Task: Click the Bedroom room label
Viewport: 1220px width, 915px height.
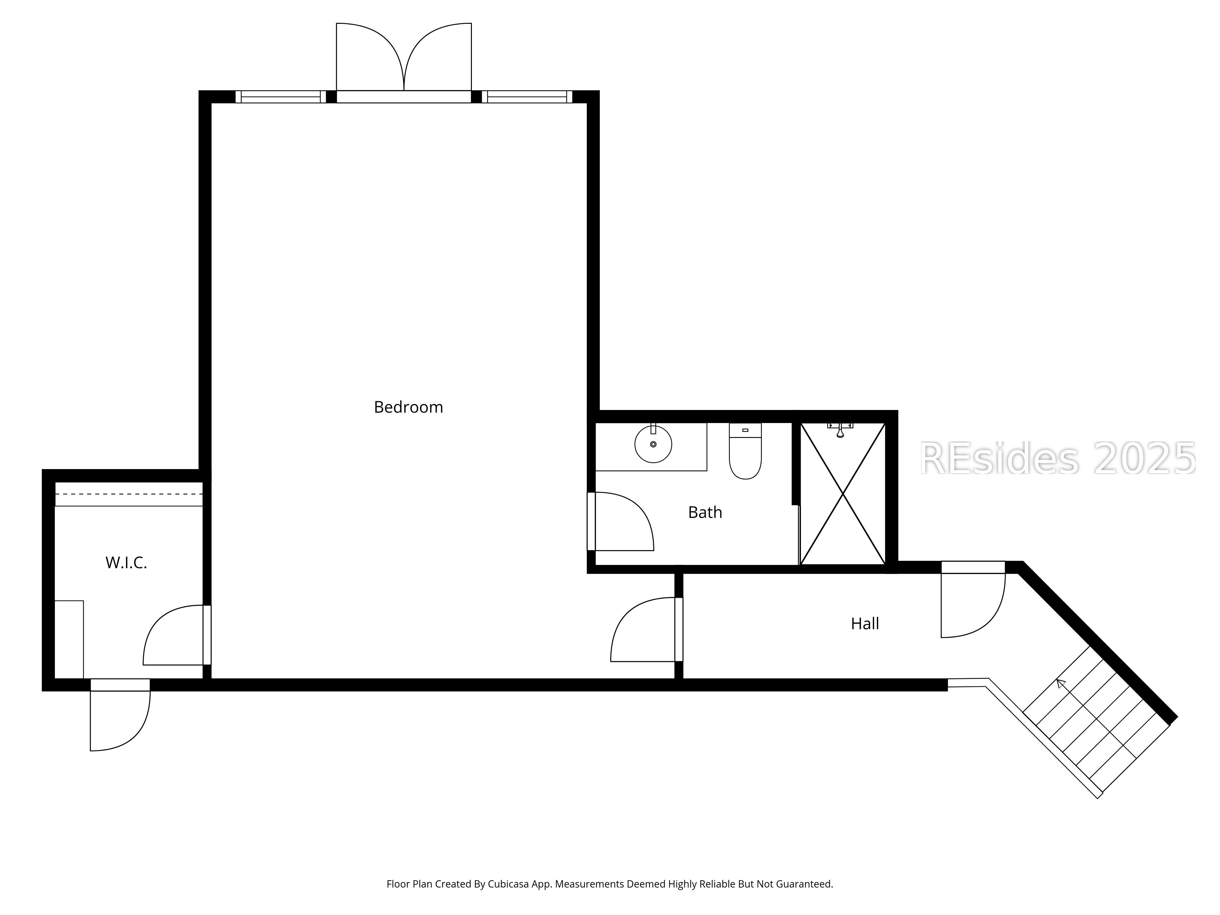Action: tap(408, 407)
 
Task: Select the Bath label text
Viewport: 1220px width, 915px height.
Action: tap(705, 512)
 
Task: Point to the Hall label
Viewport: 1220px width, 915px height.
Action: tap(865, 624)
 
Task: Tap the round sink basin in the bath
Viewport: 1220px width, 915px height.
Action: tap(653, 444)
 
